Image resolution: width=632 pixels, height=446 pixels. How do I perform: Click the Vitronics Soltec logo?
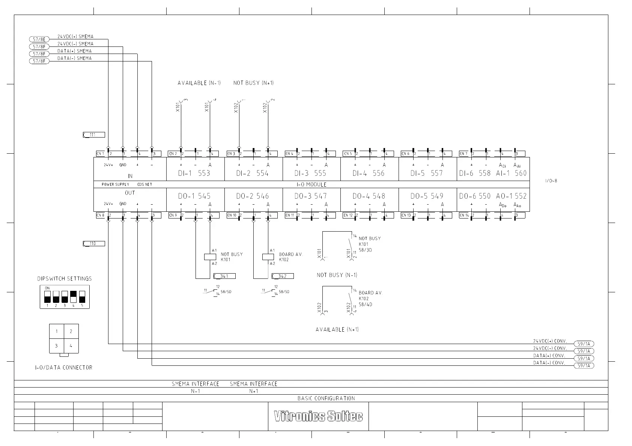[x=318, y=416]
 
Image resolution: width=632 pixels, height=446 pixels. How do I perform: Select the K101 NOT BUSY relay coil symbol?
[x=210, y=257]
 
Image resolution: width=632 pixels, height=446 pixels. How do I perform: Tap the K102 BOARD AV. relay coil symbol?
[x=268, y=257]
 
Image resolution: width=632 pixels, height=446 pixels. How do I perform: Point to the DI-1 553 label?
[x=194, y=173]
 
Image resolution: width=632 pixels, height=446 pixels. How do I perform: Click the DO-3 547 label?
[x=310, y=196]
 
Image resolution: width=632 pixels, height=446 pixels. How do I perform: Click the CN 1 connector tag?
[x=100, y=154]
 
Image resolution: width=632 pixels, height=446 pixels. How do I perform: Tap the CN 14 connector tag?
[x=464, y=216]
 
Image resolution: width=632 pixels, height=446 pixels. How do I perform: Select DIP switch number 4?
[x=73, y=297]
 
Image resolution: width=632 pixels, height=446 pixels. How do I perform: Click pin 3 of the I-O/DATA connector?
[x=57, y=346]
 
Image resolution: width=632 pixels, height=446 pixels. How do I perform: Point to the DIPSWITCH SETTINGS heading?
[x=65, y=279]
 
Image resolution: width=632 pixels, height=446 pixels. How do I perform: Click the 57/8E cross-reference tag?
[x=39, y=39]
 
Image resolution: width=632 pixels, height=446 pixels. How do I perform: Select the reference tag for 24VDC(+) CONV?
[x=584, y=344]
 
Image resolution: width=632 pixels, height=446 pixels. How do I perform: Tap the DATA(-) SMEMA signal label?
[x=74, y=58]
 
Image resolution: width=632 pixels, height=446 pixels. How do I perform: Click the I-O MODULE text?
[x=311, y=184]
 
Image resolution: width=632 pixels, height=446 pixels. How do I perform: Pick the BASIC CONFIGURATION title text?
[x=326, y=398]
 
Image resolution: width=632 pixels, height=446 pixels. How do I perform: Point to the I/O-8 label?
[x=551, y=181]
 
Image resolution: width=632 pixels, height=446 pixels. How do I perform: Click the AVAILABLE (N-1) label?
[x=199, y=83]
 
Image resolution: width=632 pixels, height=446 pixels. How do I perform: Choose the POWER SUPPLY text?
[x=115, y=184]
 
